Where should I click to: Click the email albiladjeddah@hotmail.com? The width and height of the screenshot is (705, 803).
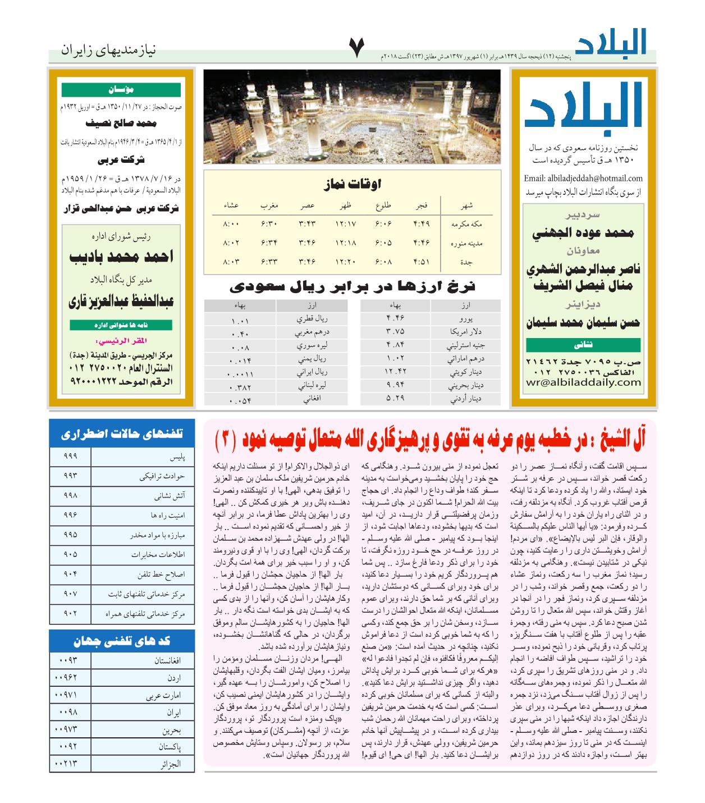click(582, 179)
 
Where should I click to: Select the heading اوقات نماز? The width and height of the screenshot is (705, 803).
click(352, 184)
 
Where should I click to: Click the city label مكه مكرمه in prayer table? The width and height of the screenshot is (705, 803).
click(466, 224)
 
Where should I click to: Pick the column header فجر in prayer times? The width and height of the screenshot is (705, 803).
click(422, 206)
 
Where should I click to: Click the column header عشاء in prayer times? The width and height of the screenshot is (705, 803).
click(231, 206)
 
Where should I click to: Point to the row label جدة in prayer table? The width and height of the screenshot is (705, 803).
click(466, 262)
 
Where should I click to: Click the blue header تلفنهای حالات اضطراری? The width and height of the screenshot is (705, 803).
click(122, 434)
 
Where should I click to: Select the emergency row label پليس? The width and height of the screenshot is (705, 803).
click(177, 457)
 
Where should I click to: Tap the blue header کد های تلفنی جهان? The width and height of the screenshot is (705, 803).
click(122, 641)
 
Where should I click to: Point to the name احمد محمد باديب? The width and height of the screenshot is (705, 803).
click(121, 257)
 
